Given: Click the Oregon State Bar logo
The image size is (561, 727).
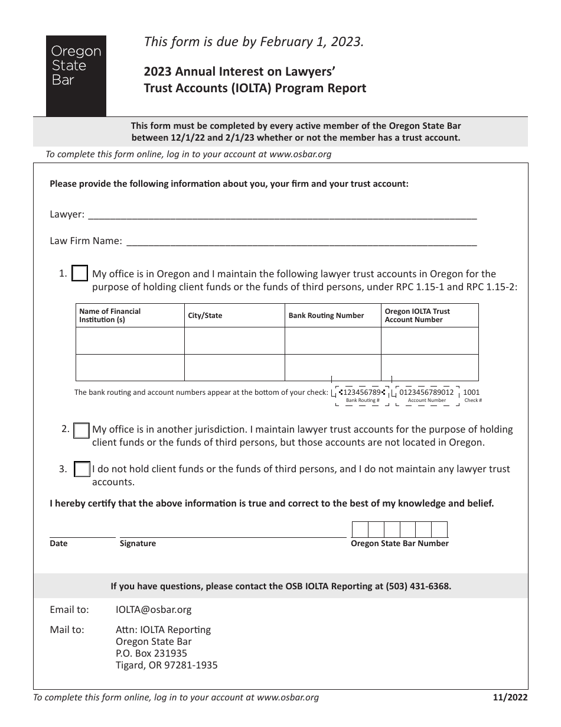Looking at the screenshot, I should click(76, 75).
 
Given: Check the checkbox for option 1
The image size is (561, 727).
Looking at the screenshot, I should click(80, 274).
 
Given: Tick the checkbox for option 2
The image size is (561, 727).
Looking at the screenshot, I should click(81, 431).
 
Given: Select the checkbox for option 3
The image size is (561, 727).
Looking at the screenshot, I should click(82, 469).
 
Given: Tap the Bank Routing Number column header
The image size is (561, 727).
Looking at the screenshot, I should click(326, 316).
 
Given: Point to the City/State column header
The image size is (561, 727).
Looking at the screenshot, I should click(205, 316).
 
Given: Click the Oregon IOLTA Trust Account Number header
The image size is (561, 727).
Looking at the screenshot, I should click(417, 316).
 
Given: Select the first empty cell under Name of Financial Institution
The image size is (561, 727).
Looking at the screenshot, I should click(130, 341).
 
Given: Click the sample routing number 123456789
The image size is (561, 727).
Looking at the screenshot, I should click(362, 392).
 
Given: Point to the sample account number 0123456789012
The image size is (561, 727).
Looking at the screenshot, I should click(426, 392).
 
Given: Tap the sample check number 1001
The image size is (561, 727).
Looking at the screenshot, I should click(471, 392).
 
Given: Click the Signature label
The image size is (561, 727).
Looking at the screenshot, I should click(138, 544).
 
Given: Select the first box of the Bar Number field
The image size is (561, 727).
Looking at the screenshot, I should click(360, 529).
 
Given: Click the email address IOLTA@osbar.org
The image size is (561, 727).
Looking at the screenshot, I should click(154, 609).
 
